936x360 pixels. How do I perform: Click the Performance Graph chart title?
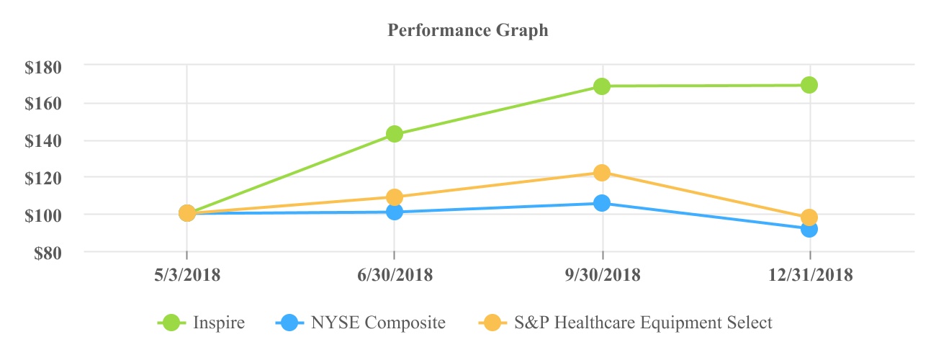(467, 30)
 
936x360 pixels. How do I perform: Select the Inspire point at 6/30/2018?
(394, 134)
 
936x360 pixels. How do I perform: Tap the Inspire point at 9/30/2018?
(602, 86)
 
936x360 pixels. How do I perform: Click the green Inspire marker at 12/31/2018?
(809, 85)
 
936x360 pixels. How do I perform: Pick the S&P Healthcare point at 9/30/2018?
(602, 173)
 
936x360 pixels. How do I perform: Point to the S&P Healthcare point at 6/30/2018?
(394, 197)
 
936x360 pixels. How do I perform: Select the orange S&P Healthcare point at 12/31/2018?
(809, 217)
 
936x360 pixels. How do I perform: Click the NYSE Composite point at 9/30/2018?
(602, 203)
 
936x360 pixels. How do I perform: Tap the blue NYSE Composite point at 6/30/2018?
(394, 212)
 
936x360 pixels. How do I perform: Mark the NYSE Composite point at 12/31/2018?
(809, 229)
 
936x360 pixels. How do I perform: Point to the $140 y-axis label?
(44, 141)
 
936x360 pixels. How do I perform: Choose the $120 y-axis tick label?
(44, 178)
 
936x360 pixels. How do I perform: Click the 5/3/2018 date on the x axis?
(186, 276)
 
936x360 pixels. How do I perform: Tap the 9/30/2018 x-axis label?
(602, 276)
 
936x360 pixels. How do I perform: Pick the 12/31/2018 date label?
(810, 276)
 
